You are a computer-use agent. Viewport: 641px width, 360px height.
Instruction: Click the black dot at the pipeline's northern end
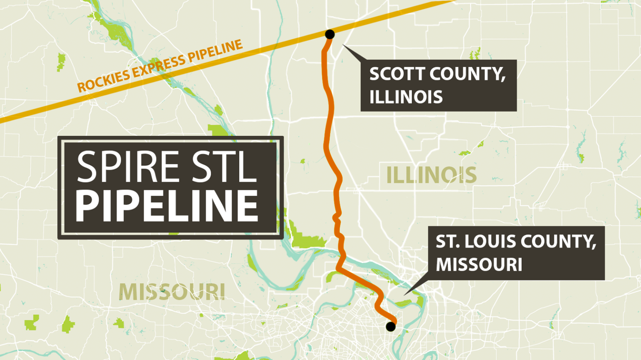coord(330,34)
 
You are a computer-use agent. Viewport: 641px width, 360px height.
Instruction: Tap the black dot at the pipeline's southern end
coord(391,326)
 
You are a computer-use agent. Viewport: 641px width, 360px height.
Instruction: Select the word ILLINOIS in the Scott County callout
coord(406,97)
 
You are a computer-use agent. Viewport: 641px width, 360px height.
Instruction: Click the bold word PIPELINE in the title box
coord(167,206)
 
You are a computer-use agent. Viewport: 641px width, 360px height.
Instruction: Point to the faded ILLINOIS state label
coord(431,175)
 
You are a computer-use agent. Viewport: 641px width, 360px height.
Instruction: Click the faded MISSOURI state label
coord(172,292)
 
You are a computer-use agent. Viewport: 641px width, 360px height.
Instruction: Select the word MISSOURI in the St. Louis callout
coord(479,264)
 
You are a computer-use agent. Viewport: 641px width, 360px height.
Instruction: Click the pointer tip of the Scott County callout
coord(343,45)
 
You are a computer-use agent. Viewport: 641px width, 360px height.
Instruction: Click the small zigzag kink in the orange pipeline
coord(336,217)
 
